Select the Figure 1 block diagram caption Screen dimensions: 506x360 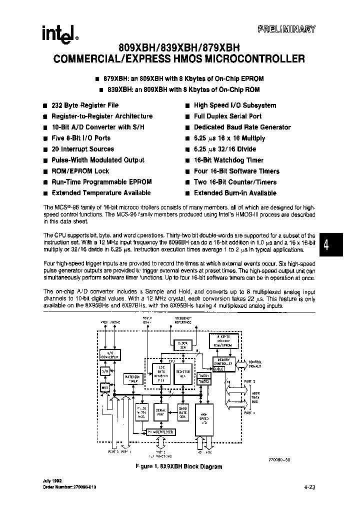[x=178, y=466]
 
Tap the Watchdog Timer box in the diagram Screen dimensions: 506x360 [x=131, y=378]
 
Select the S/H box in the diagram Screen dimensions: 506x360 [x=105, y=371]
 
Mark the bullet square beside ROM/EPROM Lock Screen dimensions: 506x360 [x=45, y=171]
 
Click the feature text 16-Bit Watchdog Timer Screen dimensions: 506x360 [x=228, y=160]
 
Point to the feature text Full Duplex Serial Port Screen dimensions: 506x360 [x=227, y=116]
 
